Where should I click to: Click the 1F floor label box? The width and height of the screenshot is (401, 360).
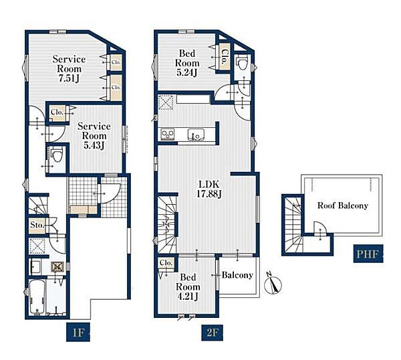pyautogui.click(x=78, y=333)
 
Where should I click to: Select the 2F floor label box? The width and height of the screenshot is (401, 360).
pyautogui.click(x=212, y=333)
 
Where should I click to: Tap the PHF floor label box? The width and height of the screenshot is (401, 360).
pyautogui.click(x=368, y=254)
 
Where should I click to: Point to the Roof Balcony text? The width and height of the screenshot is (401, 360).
pyautogui.click(x=343, y=205)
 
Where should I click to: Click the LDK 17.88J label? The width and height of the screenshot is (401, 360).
pyautogui.click(x=209, y=189)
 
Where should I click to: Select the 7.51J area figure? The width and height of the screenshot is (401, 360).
pyautogui.click(x=69, y=78)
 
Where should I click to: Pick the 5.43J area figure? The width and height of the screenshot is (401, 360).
pyautogui.click(x=94, y=145)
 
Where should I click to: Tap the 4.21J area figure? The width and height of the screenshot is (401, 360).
pyautogui.click(x=187, y=296)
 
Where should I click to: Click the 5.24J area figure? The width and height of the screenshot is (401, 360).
pyautogui.click(x=186, y=72)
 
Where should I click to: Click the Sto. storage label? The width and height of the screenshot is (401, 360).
pyautogui.click(x=37, y=226)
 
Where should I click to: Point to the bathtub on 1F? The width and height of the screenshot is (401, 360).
pyautogui.click(x=37, y=297)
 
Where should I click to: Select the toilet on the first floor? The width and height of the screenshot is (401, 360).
pyautogui.click(x=57, y=155)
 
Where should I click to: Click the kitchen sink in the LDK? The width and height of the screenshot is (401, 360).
pyautogui.click(x=196, y=134)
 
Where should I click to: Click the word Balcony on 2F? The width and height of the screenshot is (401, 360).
pyautogui.click(x=237, y=275)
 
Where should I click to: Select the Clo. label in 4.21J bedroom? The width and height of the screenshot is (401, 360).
pyautogui.click(x=166, y=263)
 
